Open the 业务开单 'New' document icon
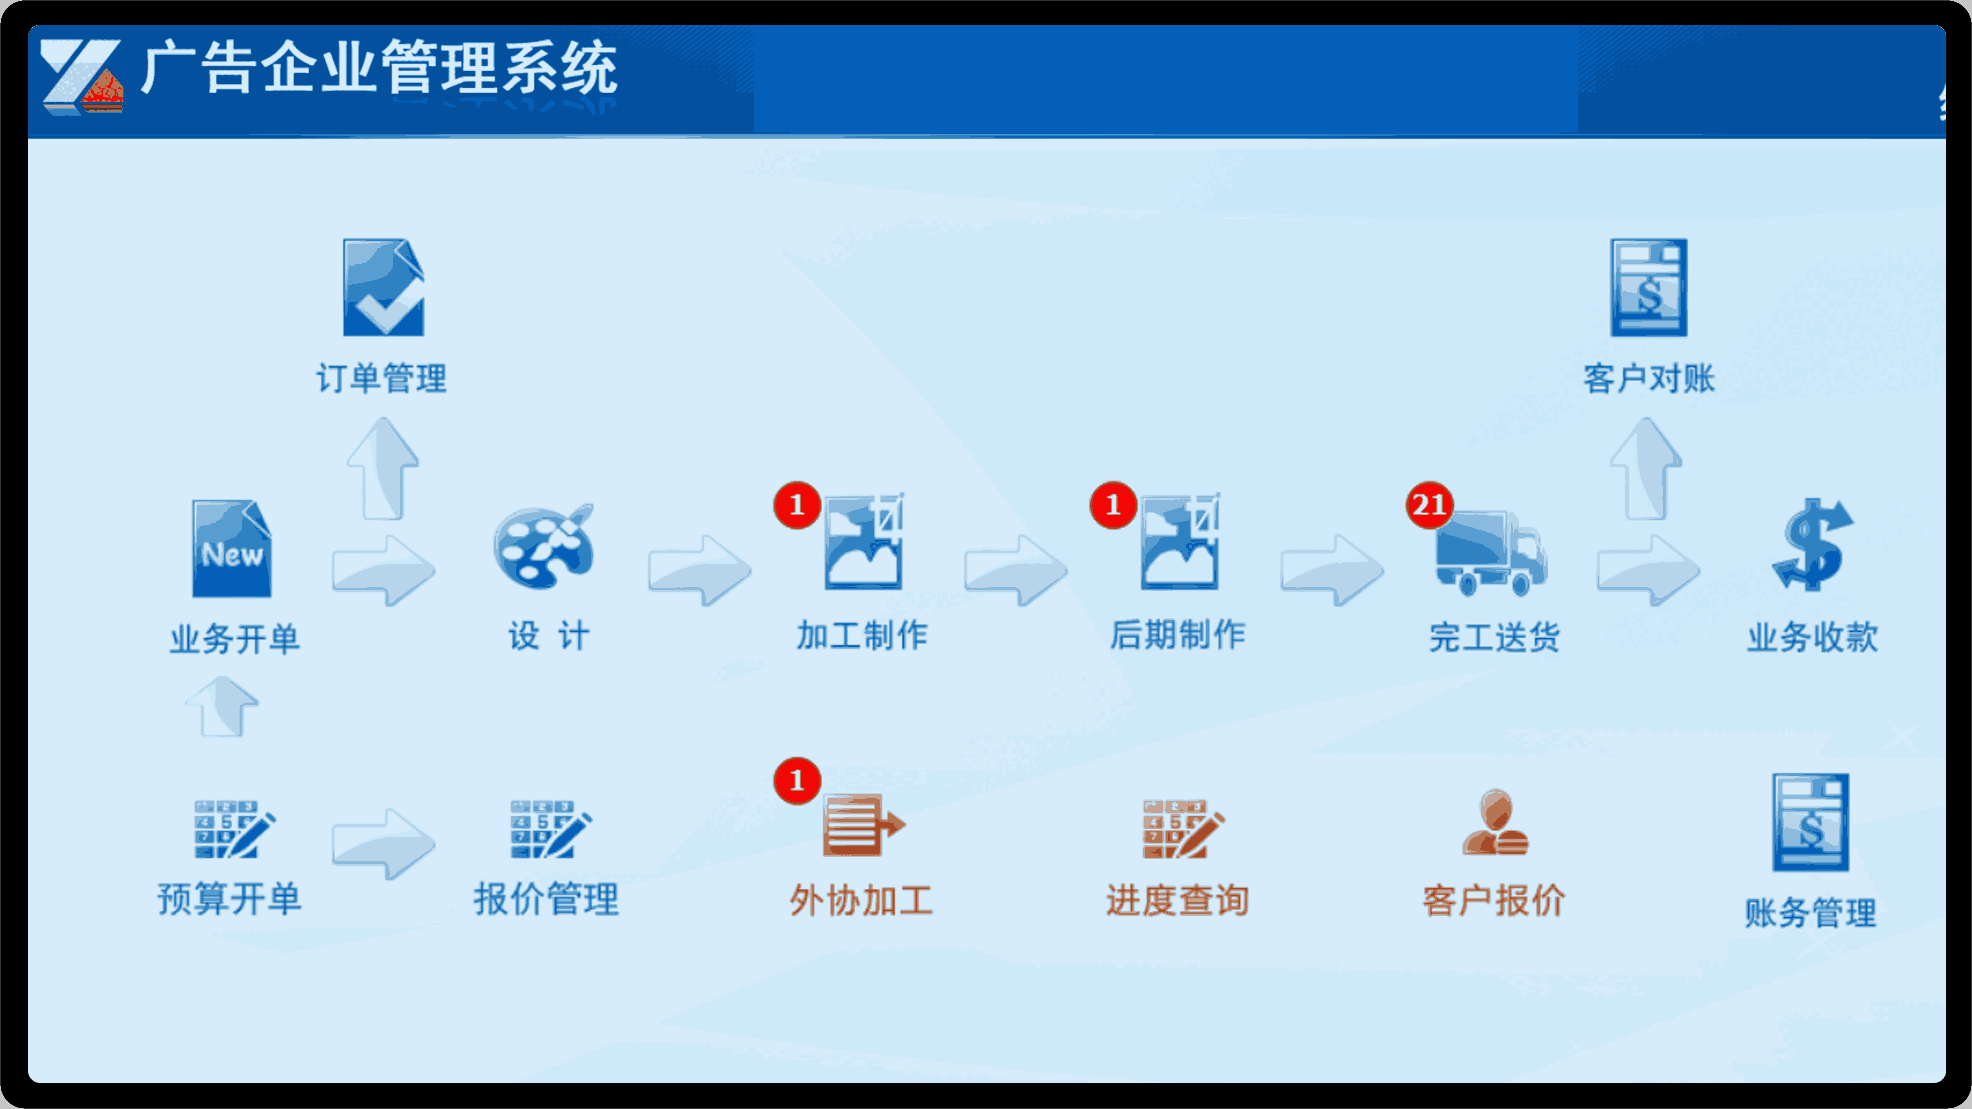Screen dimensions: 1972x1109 point(231,549)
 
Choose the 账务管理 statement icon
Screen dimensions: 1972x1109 point(1811,823)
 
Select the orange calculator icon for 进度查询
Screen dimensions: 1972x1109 point(1183,829)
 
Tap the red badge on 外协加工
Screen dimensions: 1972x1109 point(797,781)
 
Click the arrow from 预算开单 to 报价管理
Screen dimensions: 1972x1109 point(383,844)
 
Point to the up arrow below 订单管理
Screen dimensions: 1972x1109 point(383,468)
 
